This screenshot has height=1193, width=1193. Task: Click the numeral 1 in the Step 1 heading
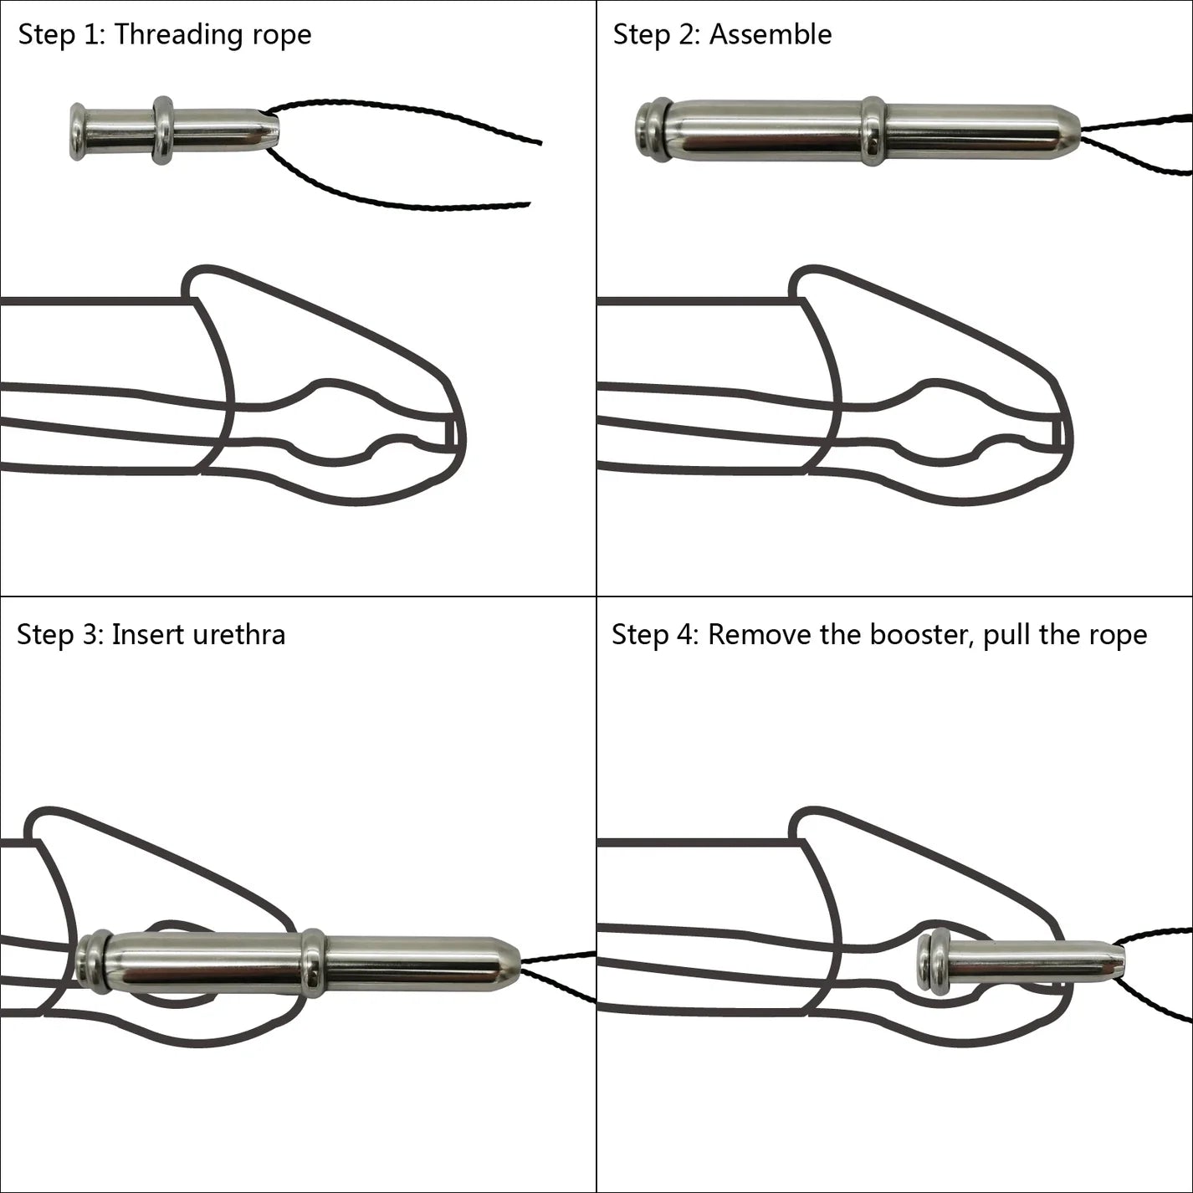click(90, 35)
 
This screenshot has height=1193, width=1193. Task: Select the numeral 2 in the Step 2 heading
click(687, 35)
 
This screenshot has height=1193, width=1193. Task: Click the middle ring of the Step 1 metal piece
click(163, 131)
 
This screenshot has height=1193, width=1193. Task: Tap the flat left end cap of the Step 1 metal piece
click(77, 131)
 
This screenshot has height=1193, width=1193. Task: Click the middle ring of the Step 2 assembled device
click(873, 131)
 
